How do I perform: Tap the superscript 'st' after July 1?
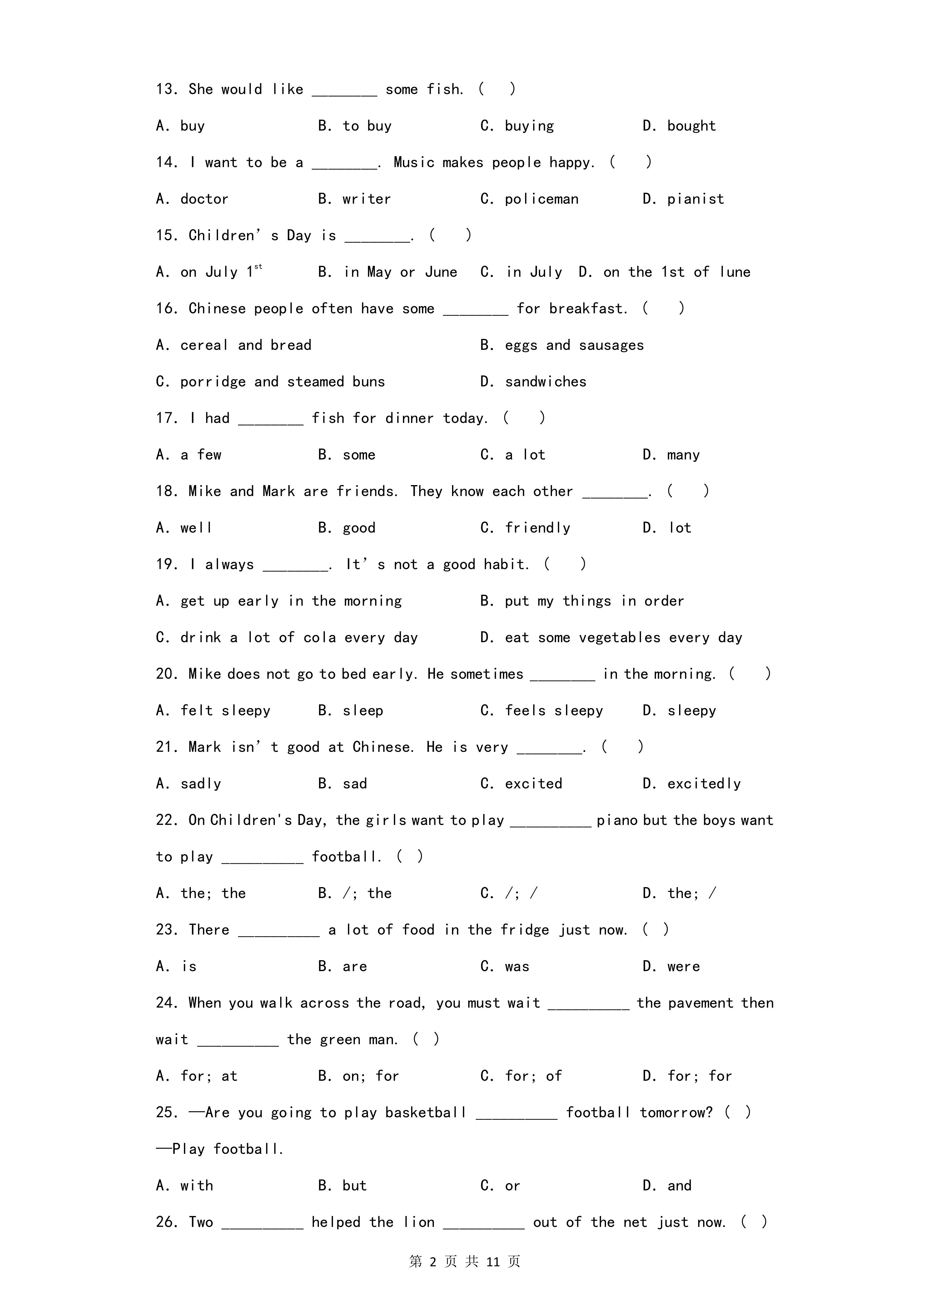(258, 266)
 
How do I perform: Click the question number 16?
(166, 309)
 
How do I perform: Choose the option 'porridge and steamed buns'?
(282, 382)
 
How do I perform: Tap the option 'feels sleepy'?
(554, 711)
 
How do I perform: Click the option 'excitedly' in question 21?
(704, 784)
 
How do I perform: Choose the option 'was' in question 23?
(517, 967)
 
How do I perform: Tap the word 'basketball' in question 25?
(425, 1113)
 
